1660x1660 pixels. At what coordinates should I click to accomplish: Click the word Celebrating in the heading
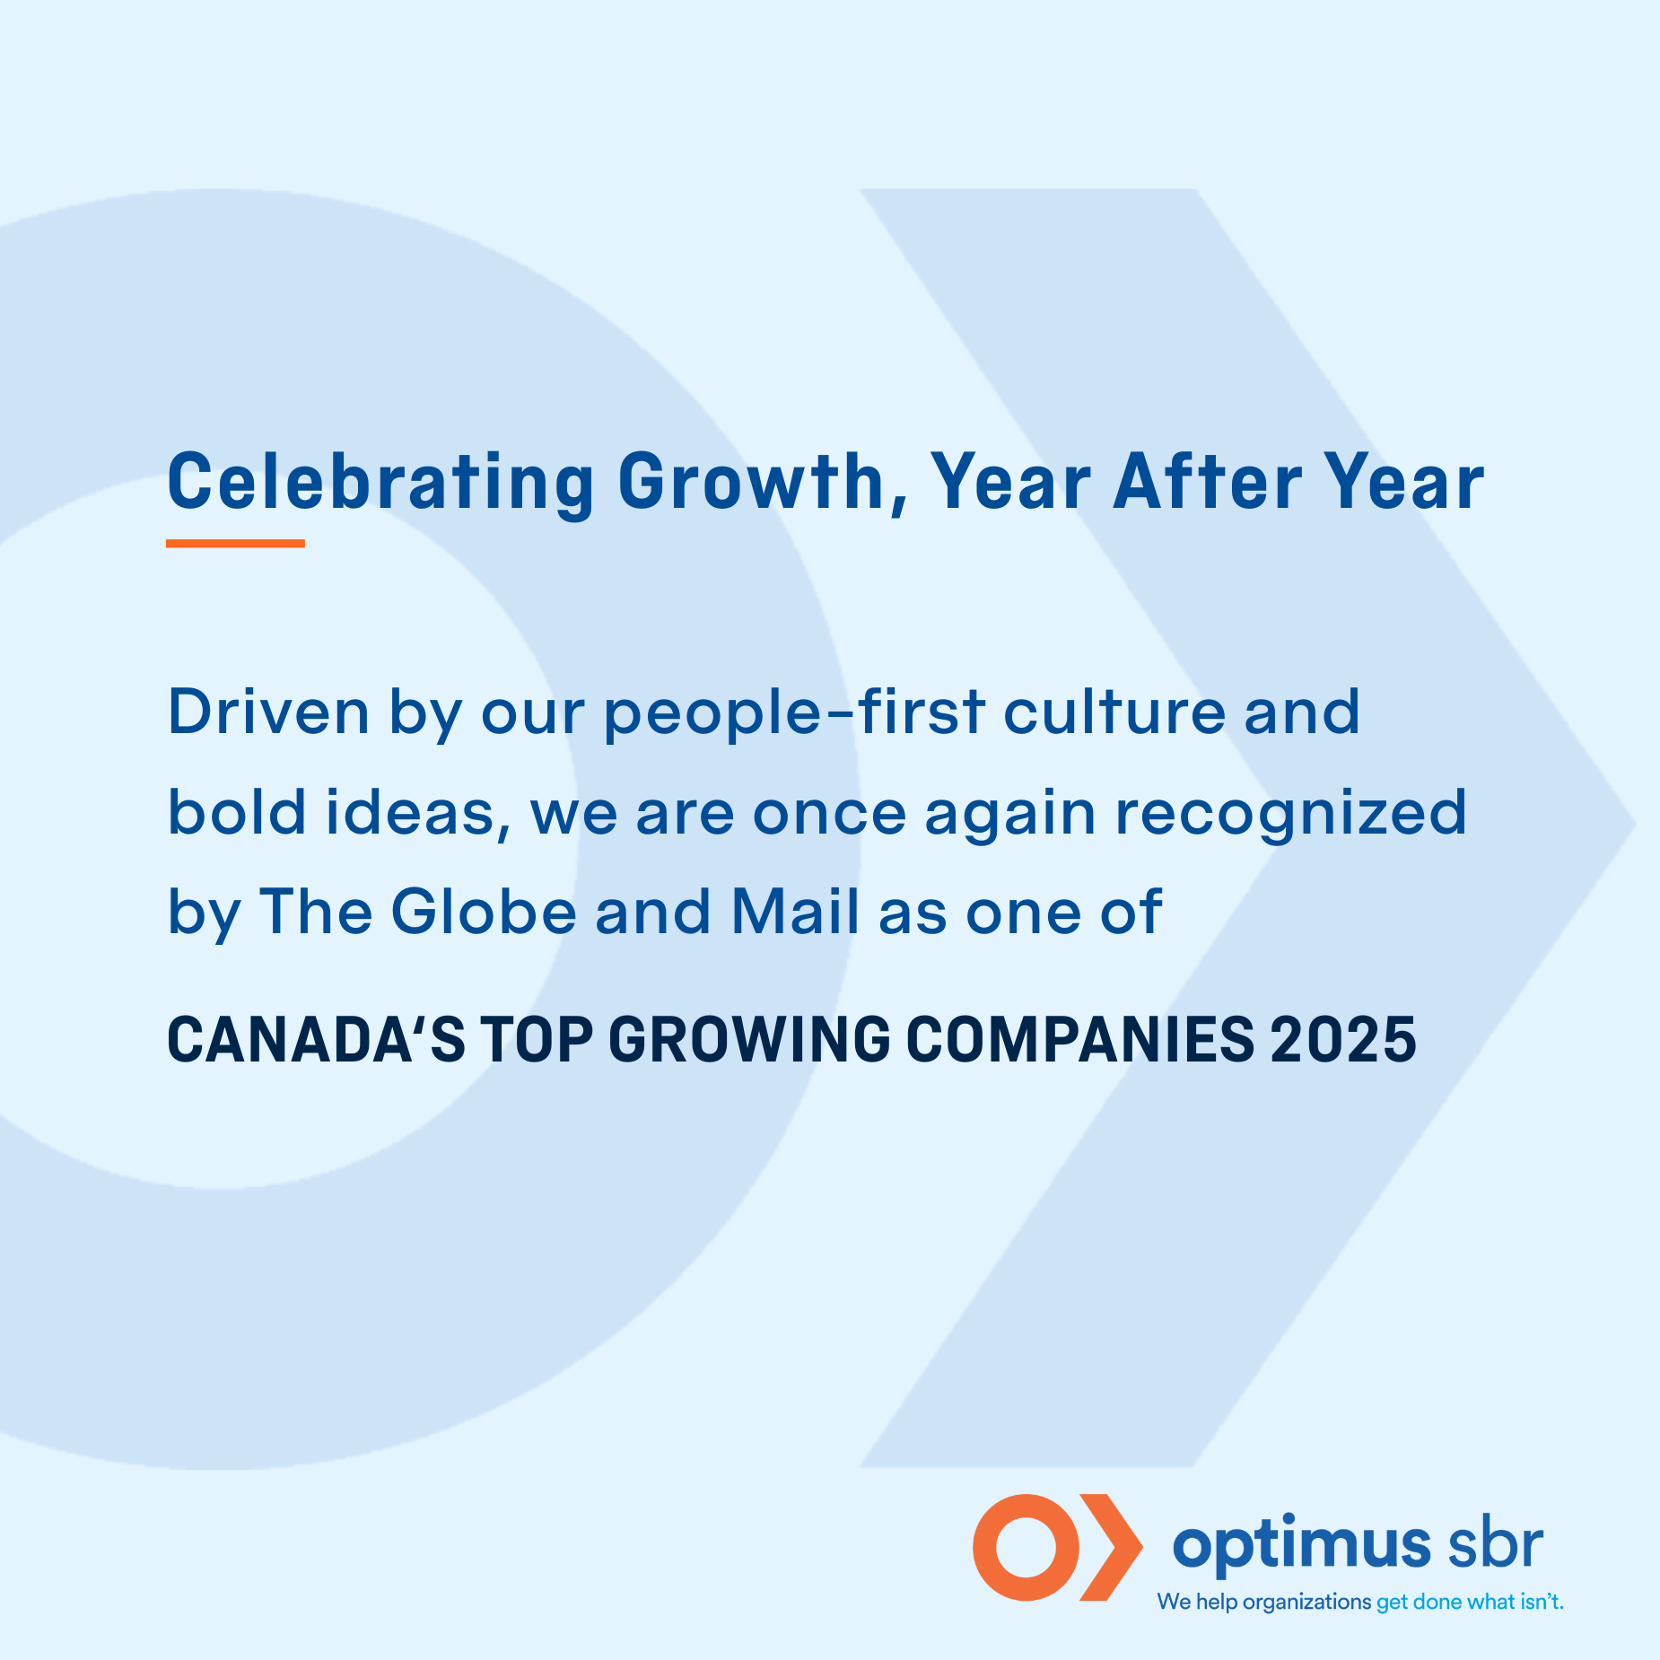(380, 484)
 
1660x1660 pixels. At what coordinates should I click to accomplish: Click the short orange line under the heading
(235, 543)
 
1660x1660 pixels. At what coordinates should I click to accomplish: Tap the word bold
(237, 811)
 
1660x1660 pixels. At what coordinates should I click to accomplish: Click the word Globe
(484, 911)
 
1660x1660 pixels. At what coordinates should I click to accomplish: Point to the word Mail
(796, 911)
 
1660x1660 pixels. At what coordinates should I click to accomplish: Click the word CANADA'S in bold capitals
(317, 1040)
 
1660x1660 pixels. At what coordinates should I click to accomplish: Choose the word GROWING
(749, 1040)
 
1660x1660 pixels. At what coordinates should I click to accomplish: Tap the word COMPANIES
(1080, 1040)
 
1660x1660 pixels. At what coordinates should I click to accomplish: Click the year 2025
(1343, 1040)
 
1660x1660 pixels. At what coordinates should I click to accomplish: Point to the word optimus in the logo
(1302, 1546)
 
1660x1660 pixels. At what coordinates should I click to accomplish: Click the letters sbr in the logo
(1496, 1543)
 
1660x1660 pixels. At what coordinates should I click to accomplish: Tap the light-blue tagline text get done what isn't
(1470, 1602)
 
